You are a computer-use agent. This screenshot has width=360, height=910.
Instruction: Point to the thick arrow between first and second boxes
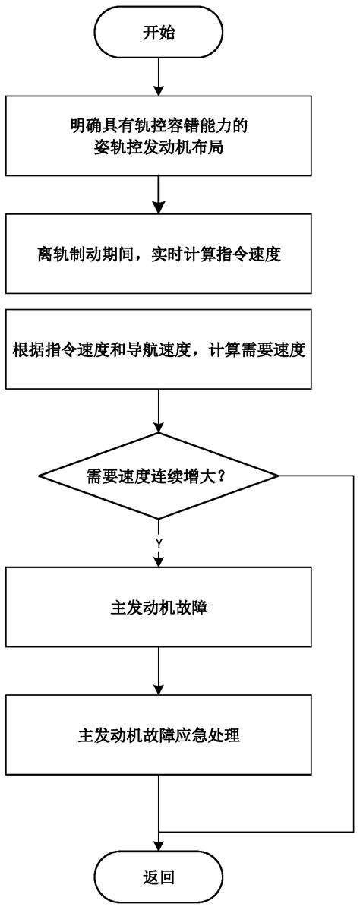tap(158, 194)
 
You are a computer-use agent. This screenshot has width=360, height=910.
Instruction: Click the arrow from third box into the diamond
tap(158, 414)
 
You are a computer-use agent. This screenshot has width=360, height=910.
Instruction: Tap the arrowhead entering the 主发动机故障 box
tap(158, 561)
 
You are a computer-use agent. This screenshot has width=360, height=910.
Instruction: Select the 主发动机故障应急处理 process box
tap(158, 736)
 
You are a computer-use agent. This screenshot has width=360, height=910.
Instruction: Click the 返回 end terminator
tap(158, 878)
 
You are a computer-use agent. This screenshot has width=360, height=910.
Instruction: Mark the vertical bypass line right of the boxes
tap(352, 653)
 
